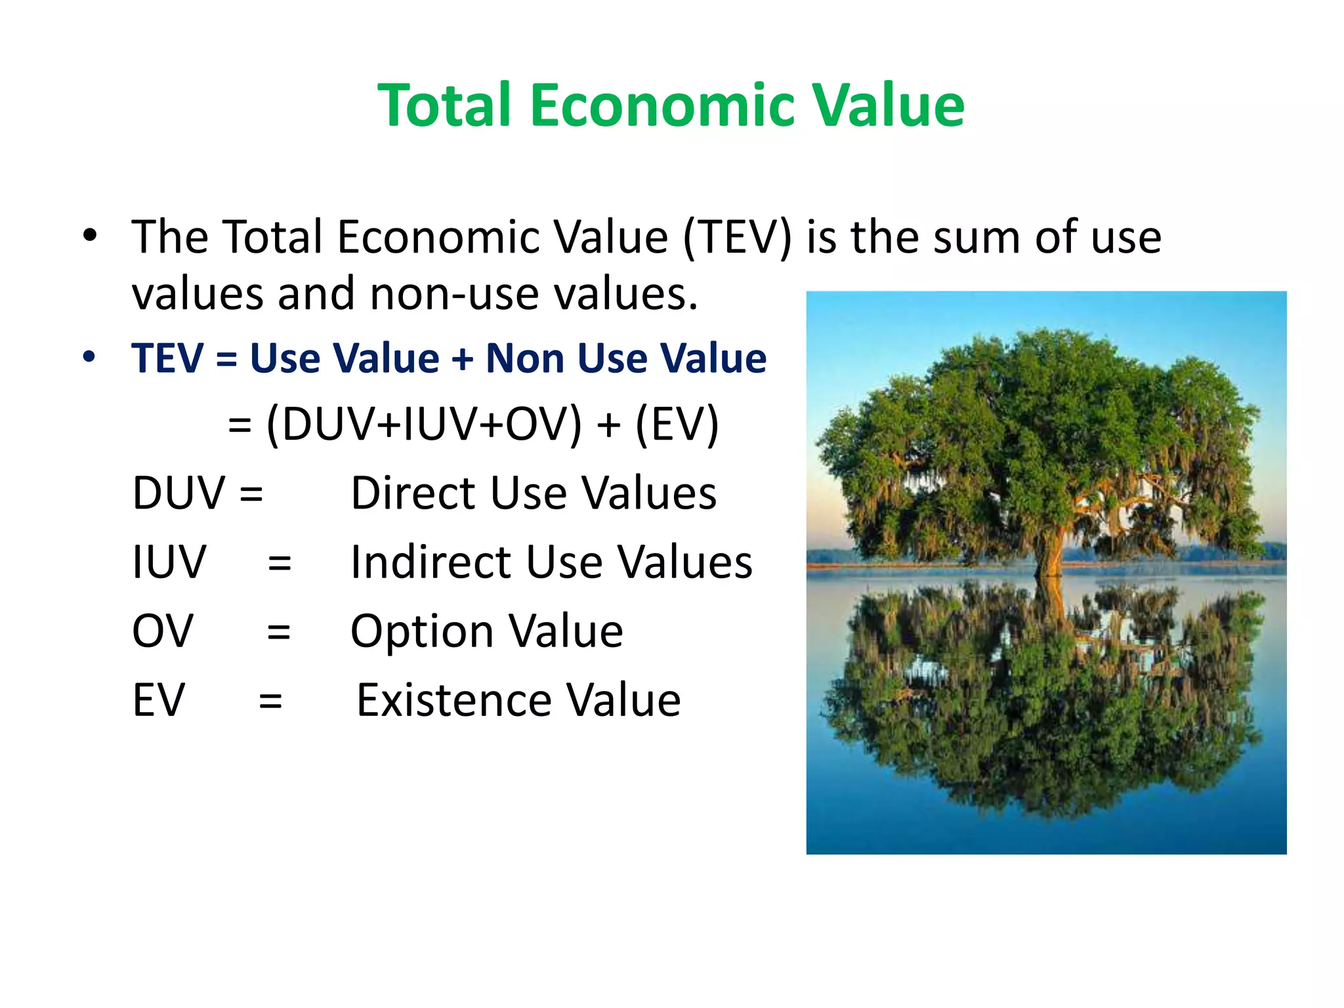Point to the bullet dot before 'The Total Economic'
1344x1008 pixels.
(x=90, y=235)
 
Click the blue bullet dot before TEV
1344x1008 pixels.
(x=89, y=357)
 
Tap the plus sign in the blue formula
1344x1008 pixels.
(x=462, y=360)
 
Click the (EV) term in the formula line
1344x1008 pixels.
(x=677, y=425)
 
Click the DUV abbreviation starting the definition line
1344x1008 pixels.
(x=178, y=493)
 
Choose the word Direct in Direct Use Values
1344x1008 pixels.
(x=412, y=493)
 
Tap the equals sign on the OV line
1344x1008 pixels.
(x=279, y=632)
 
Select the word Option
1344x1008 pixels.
(x=421, y=632)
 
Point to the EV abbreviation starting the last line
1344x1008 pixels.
(x=158, y=700)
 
